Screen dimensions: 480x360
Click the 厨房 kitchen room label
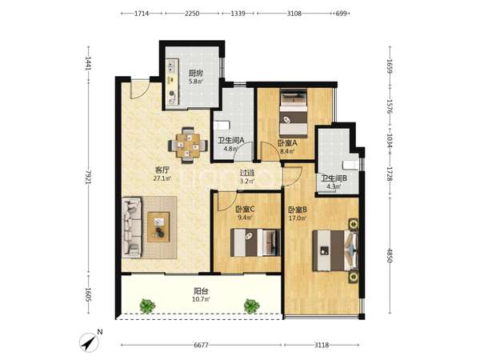coord(195,74)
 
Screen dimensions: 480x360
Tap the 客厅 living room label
coord(162,170)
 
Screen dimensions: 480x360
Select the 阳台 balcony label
coord(201,291)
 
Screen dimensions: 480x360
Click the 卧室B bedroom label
coord(298,210)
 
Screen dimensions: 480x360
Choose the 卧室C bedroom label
coord(246,210)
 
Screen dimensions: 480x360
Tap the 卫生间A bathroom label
coord(231,141)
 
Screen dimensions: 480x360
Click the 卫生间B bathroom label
coord(334,178)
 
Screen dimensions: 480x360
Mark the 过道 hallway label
coord(247,173)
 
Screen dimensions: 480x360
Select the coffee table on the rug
coord(158,227)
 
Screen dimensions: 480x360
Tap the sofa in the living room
coord(132,227)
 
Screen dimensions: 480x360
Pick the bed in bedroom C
coord(255,242)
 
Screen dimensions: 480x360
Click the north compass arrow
coord(89,342)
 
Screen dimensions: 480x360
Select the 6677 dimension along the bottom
coord(201,345)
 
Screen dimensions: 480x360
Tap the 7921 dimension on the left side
coord(89,178)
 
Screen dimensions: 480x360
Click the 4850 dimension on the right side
coord(390,255)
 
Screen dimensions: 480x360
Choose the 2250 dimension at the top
coord(192,14)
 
